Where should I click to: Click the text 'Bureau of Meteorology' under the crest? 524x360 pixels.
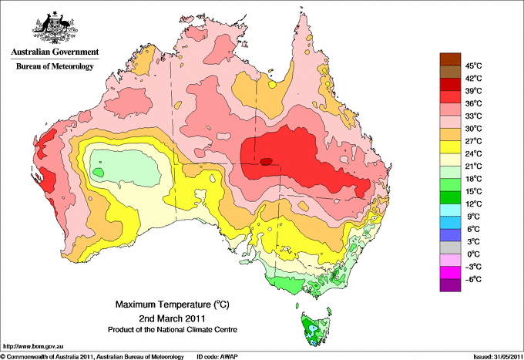(55, 66)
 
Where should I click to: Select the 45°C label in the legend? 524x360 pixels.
(472, 66)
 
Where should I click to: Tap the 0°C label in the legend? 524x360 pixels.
(472, 254)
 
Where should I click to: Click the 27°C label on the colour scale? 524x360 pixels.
(472, 141)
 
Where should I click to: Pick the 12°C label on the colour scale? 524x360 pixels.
(472, 204)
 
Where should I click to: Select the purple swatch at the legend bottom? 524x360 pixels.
(449, 285)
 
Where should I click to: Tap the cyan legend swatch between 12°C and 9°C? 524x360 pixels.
(449, 210)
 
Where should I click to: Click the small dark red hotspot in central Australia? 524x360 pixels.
(266, 162)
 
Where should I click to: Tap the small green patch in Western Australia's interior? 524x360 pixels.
(99, 173)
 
